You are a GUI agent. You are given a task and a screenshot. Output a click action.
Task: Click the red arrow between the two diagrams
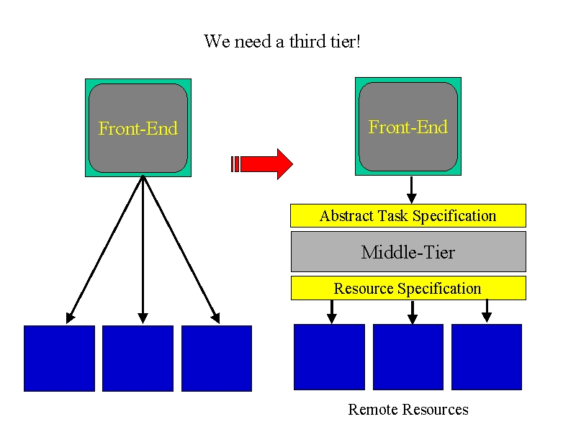(262, 164)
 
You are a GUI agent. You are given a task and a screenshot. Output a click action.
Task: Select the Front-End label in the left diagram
(138, 128)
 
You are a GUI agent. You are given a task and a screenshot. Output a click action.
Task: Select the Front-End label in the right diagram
(408, 127)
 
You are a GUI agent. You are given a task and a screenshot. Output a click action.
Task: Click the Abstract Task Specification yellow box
(408, 215)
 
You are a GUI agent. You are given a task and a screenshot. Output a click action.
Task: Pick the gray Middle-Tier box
(408, 251)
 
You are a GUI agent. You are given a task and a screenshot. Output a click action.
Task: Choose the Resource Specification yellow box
(408, 288)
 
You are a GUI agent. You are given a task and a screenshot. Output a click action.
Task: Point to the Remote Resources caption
(408, 409)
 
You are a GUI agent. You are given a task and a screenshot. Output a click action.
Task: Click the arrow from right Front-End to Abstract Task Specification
(411, 190)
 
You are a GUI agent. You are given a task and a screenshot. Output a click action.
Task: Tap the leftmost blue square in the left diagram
(60, 359)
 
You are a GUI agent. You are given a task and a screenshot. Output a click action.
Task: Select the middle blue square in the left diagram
(138, 359)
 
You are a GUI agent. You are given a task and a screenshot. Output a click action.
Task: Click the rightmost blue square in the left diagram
(217, 359)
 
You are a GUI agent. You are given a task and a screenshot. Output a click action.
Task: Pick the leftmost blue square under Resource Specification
(330, 357)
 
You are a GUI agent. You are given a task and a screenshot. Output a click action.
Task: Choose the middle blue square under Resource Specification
(408, 357)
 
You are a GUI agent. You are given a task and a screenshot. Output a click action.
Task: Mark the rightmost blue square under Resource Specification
(487, 357)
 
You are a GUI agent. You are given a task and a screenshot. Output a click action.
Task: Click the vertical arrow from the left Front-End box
(143, 250)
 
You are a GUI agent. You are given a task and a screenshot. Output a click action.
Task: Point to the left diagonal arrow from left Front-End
(104, 250)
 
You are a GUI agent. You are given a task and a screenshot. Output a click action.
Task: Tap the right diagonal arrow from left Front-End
(181, 250)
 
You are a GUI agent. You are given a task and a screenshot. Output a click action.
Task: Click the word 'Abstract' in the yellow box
(346, 215)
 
